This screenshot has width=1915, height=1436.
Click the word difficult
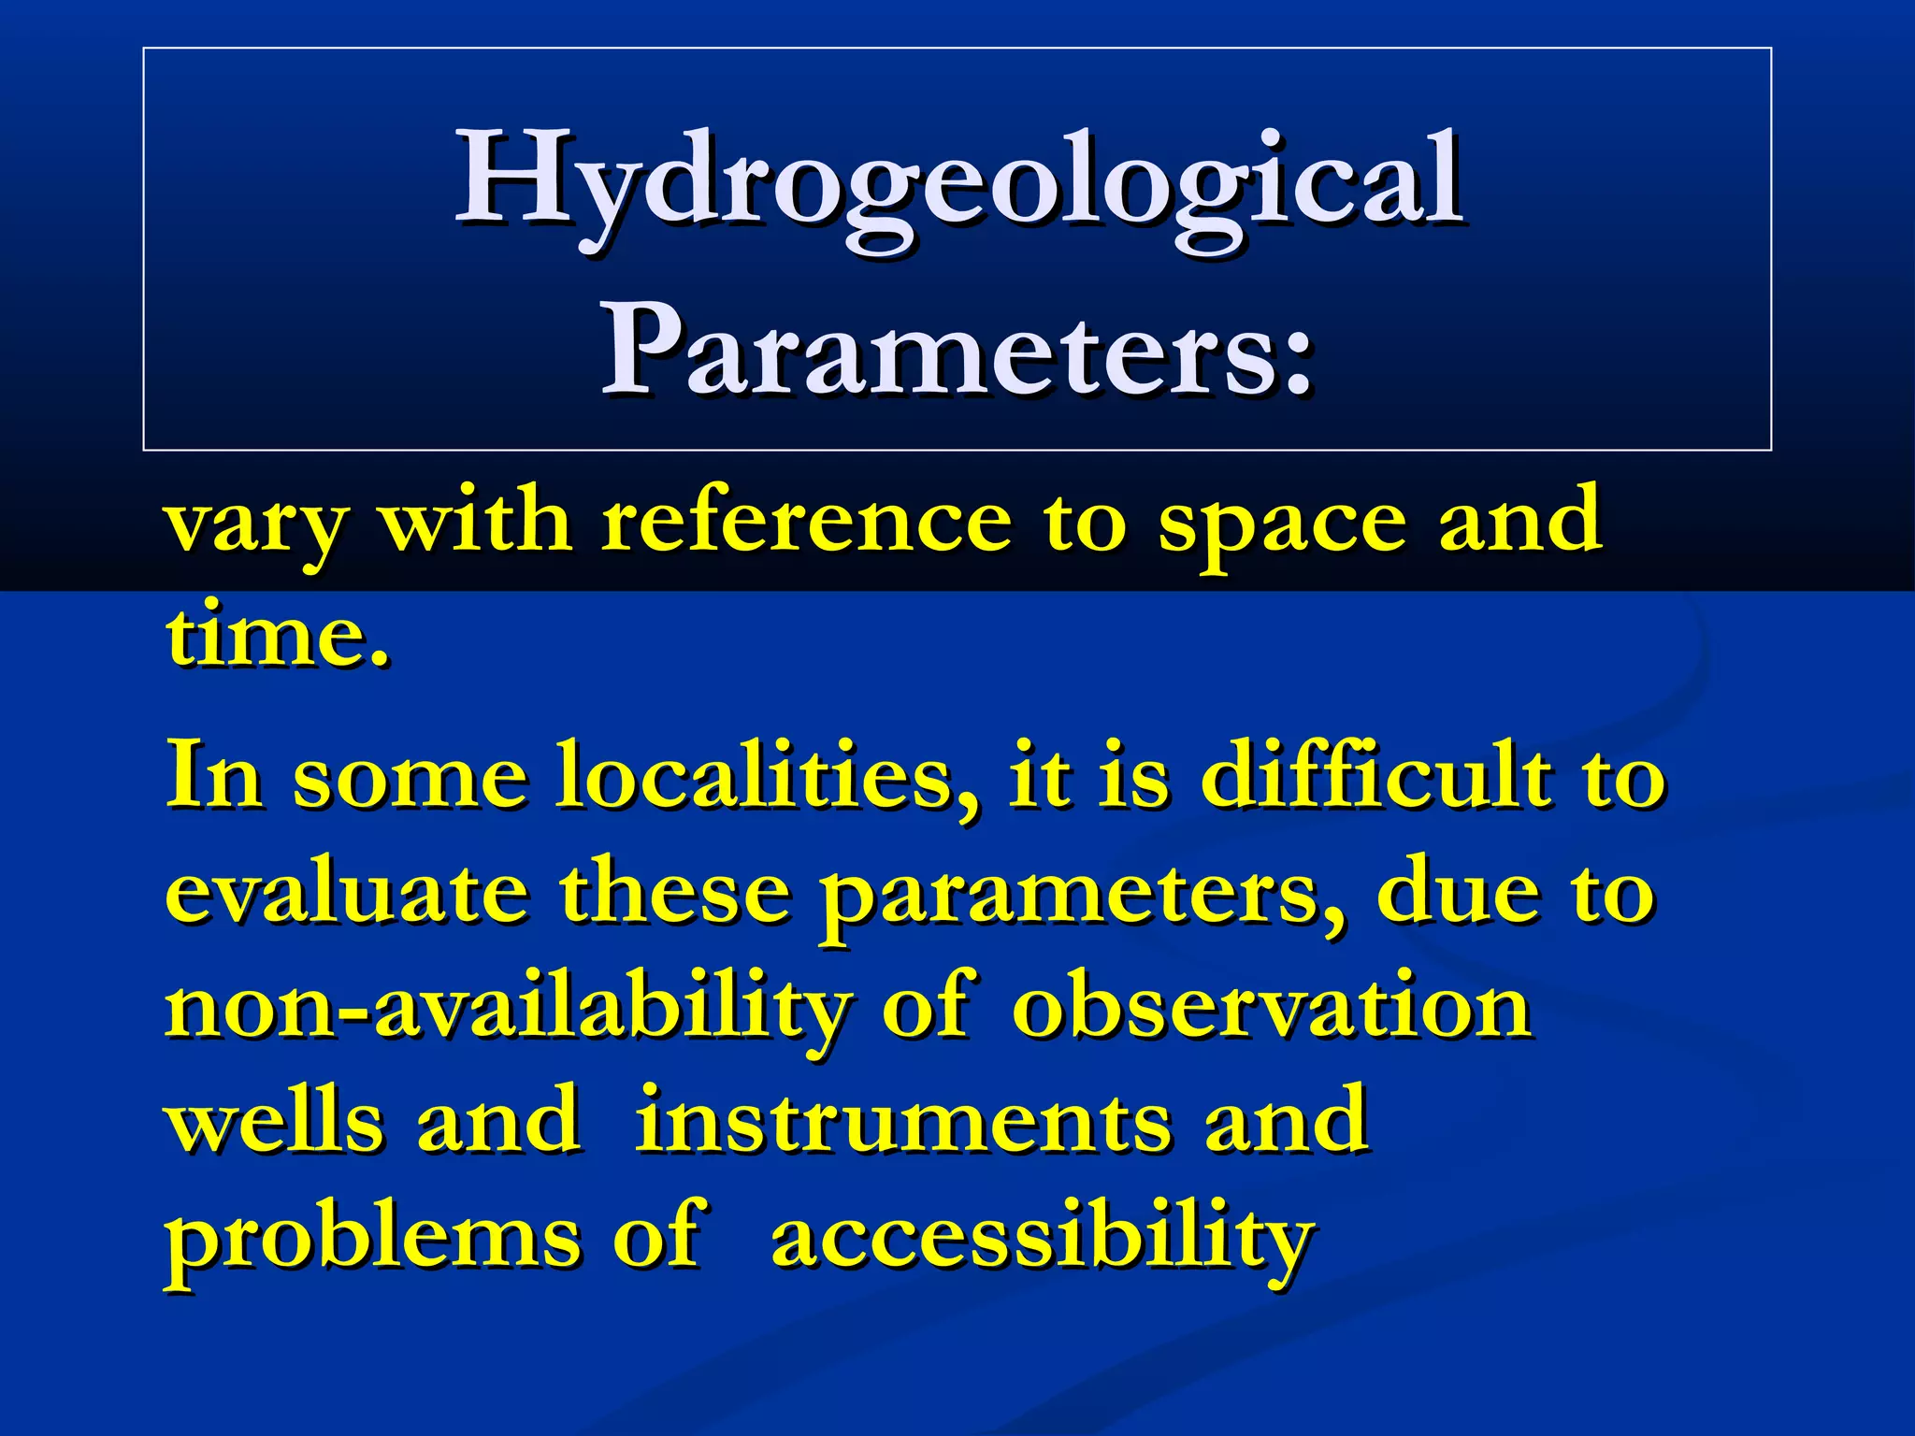click(1375, 775)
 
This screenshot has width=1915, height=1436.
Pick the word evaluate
click(345, 893)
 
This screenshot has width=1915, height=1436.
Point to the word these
click(674, 893)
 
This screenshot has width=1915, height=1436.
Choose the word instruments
click(902, 1121)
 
